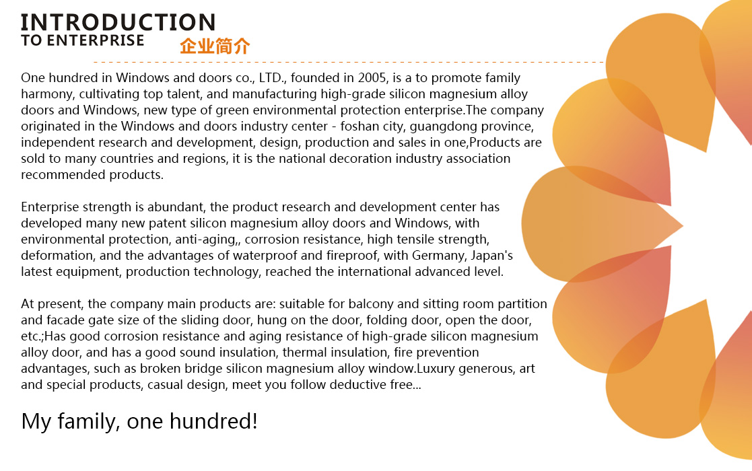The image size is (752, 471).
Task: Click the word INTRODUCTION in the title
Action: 118,22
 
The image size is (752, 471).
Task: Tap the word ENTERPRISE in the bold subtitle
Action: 96,40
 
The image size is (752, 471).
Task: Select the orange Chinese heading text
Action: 215,46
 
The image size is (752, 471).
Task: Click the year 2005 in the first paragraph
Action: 372,77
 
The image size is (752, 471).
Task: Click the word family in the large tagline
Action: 89,422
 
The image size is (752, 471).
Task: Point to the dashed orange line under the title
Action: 349,63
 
